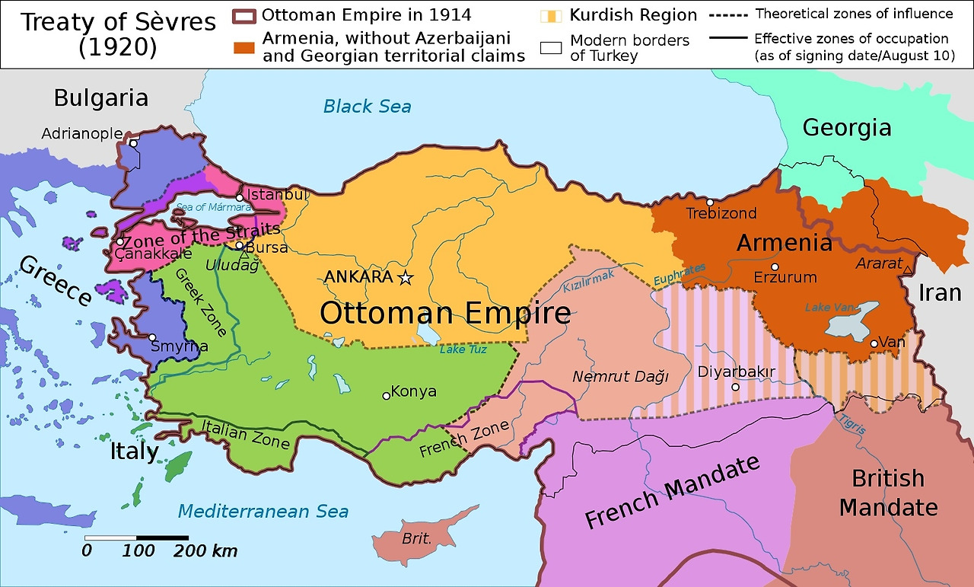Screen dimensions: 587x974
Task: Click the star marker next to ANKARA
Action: click(406, 278)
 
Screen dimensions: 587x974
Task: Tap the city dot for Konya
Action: click(386, 395)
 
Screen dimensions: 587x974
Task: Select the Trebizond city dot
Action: click(709, 203)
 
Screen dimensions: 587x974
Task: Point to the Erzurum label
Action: click(785, 278)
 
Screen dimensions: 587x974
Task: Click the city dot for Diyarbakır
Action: click(735, 387)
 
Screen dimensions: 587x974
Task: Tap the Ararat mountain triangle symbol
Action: click(908, 270)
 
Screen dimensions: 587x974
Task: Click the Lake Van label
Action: click(829, 307)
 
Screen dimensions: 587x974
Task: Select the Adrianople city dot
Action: click(133, 142)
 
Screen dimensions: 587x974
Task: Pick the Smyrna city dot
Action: click(152, 337)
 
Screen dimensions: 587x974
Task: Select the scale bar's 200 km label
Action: click(205, 551)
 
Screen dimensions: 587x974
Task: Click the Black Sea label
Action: click(367, 106)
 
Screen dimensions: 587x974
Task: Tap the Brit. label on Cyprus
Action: click(416, 538)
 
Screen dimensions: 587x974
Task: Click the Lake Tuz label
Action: click(463, 349)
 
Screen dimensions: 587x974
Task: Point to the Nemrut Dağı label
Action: click(619, 376)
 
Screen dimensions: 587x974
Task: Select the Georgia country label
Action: click(846, 127)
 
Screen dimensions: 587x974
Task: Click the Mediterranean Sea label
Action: click(263, 511)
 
